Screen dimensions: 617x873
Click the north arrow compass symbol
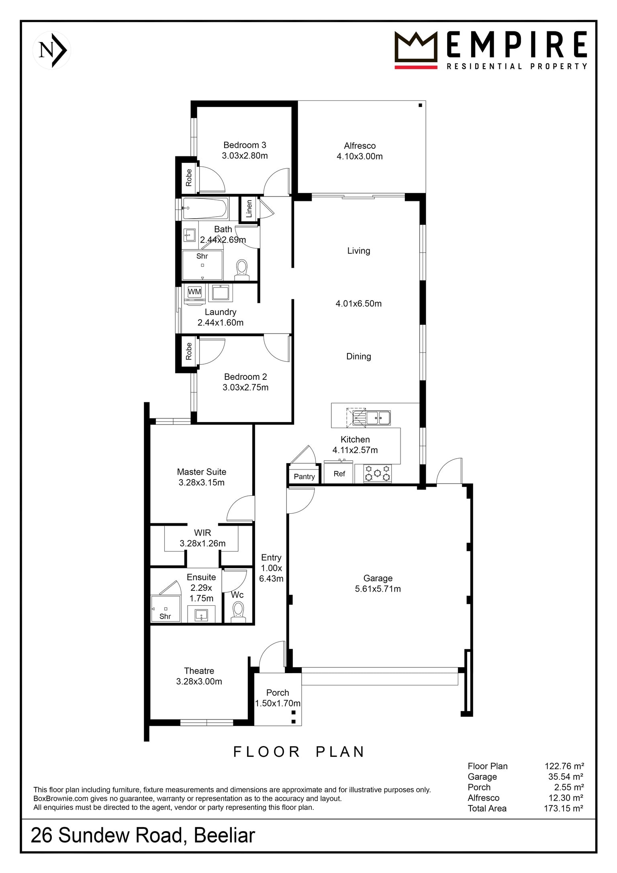click(x=52, y=50)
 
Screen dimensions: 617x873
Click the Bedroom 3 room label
click(x=245, y=145)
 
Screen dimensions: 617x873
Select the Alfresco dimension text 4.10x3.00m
click(x=360, y=156)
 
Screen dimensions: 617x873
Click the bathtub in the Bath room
click(x=205, y=208)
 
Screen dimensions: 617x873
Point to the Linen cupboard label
click(x=249, y=209)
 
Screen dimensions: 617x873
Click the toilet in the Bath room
click(x=242, y=269)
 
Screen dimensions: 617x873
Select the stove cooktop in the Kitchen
click(x=377, y=473)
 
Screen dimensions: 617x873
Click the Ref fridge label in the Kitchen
click(x=339, y=474)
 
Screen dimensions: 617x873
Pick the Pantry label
click(x=304, y=477)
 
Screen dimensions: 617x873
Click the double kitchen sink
click(x=372, y=418)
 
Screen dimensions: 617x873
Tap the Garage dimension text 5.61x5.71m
click(x=378, y=589)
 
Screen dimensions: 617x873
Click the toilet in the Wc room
click(x=239, y=612)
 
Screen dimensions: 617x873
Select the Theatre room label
click(x=199, y=671)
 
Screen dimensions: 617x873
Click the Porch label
click(x=278, y=693)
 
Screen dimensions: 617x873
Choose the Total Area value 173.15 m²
click(x=563, y=808)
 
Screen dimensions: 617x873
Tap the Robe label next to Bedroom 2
click(x=188, y=351)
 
